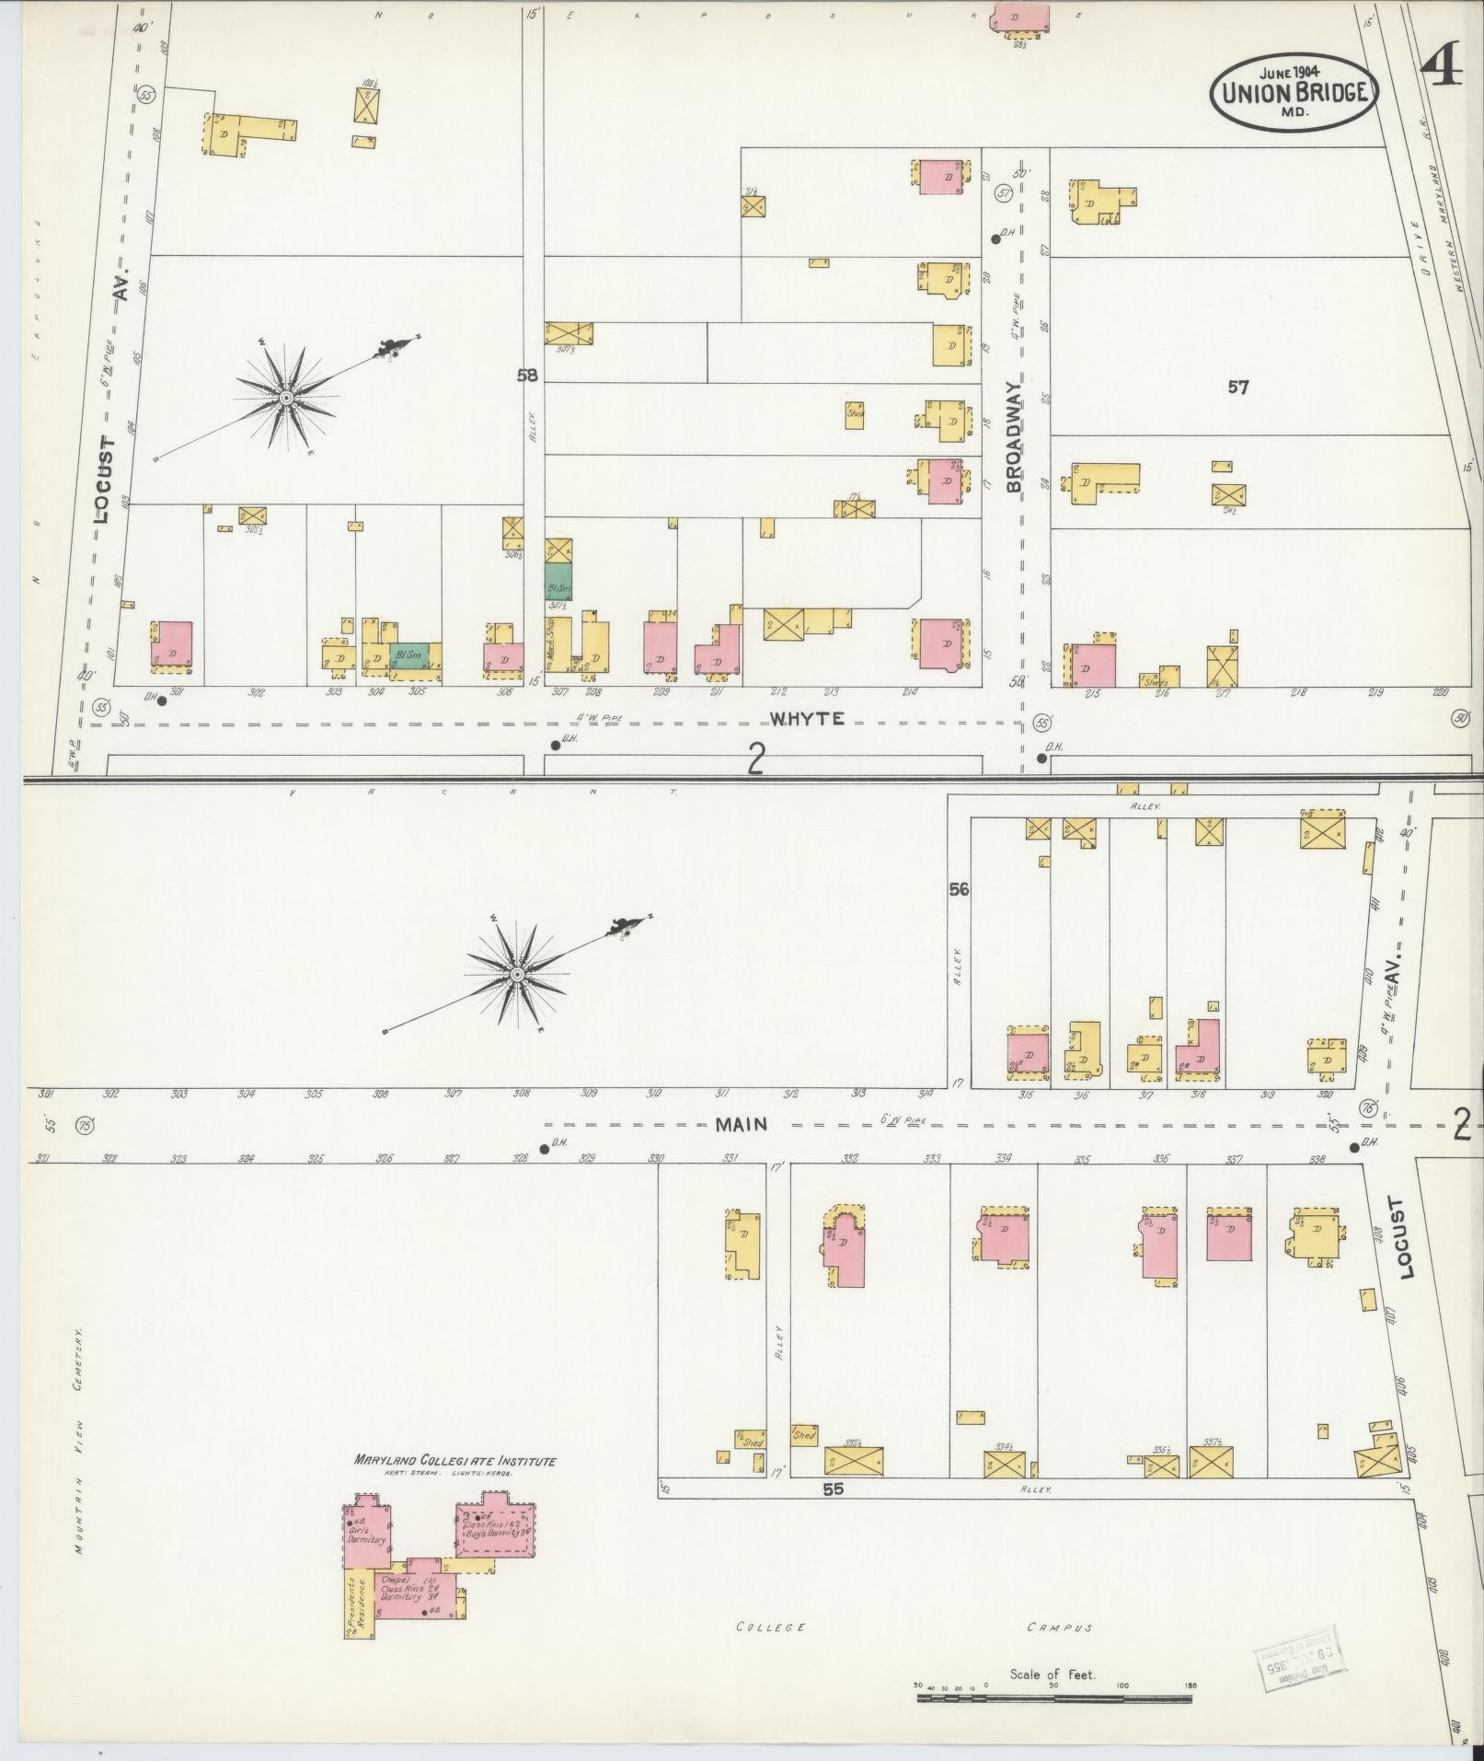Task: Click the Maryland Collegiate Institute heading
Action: point(455,1461)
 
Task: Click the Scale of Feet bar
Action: point(1053,1695)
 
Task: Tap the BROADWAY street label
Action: point(1014,436)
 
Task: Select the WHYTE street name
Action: point(807,719)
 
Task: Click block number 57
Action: point(1238,388)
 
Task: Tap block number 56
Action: point(960,889)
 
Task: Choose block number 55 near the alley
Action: point(834,1487)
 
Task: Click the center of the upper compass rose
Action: point(287,398)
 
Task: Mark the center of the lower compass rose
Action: point(517,973)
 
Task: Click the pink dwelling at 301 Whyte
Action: point(173,643)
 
